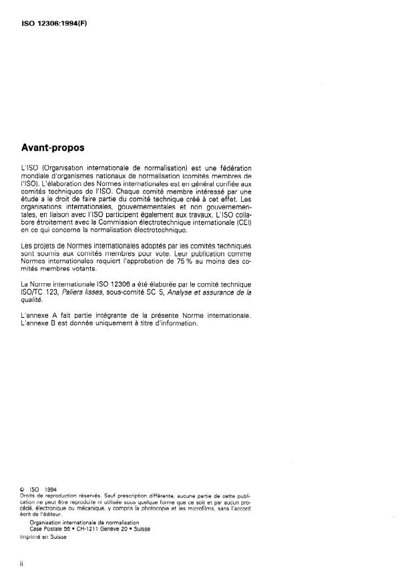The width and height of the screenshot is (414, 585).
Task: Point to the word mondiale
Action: coord(37,174)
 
